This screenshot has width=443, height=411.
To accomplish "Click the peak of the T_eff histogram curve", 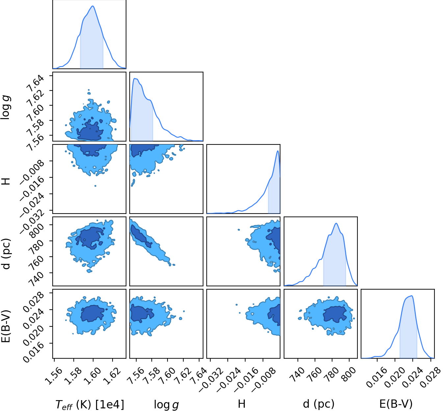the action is (x=93, y=6).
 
